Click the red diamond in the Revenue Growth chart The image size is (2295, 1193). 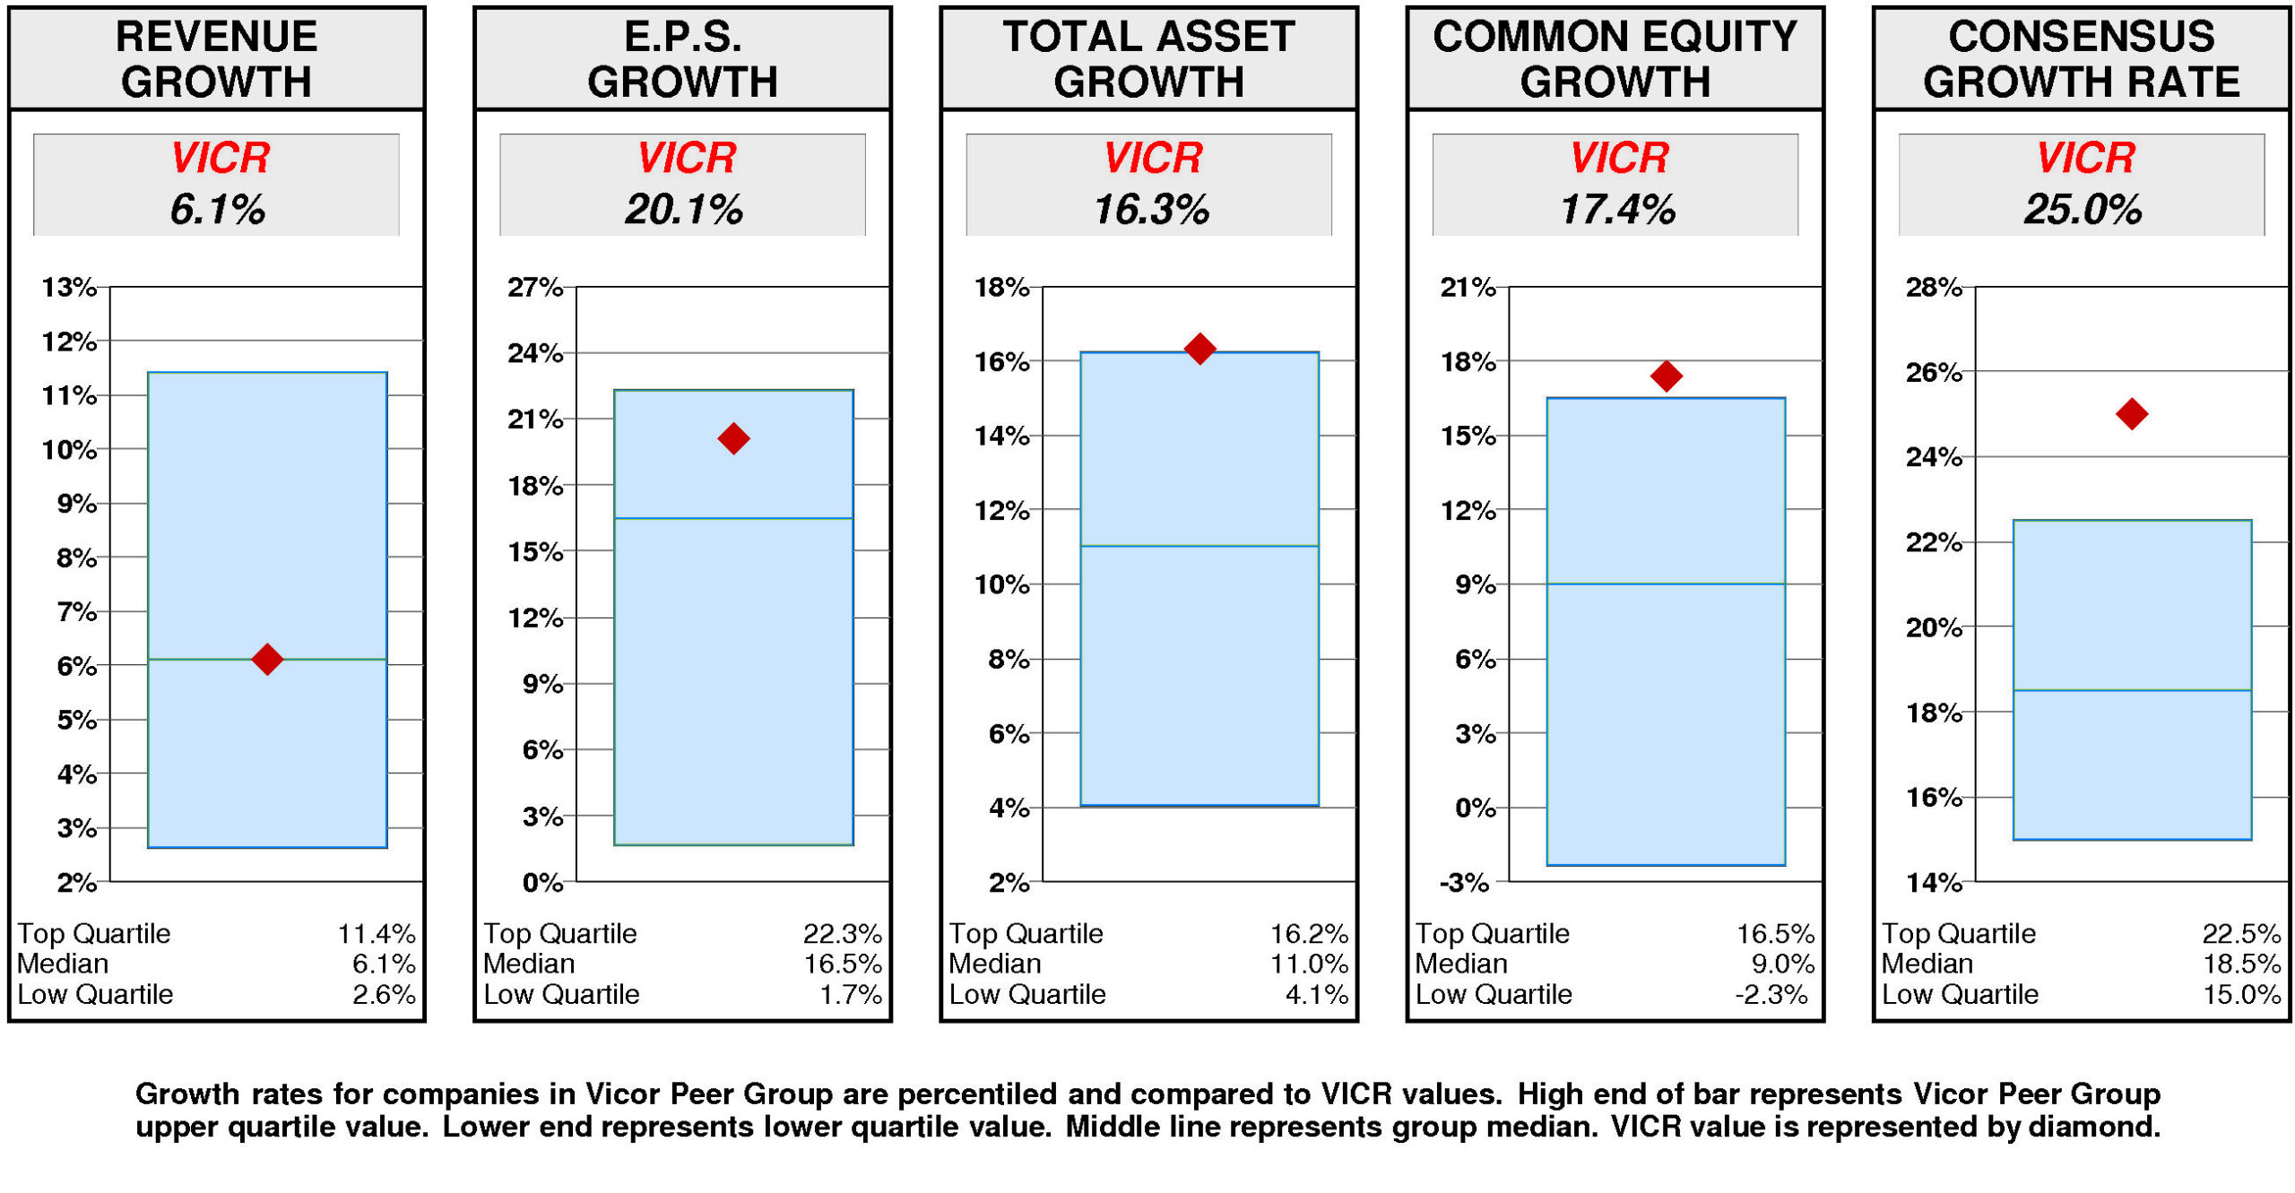(266, 659)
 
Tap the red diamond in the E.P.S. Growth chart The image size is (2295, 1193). (732, 438)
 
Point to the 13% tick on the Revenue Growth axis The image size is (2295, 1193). (68, 287)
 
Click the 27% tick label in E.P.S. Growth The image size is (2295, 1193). (534, 287)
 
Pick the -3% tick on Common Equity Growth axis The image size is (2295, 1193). (1463, 882)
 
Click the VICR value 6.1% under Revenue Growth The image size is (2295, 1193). (217, 209)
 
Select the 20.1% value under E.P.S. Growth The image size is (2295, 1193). (683, 209)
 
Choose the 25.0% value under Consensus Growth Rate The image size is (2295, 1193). (2082, 209)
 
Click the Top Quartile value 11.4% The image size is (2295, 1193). (376, 933)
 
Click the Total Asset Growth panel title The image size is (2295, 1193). (1148, 58)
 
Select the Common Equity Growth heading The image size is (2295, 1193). (1615, 58)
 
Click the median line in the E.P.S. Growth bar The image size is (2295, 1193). (732, 518)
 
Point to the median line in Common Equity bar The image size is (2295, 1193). (1665, 584)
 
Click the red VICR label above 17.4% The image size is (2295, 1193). (1618, 158)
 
